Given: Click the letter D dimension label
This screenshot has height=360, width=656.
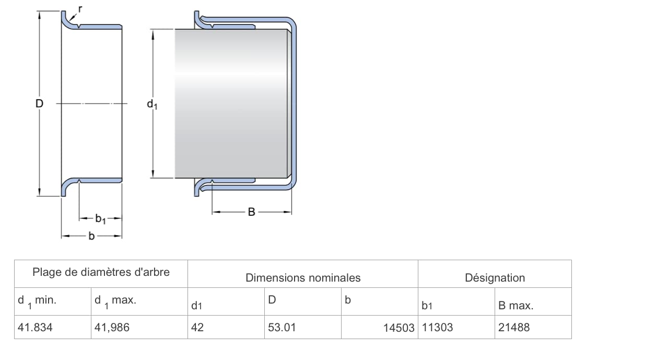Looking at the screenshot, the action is pos(39,103).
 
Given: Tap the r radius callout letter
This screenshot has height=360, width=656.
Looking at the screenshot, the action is pos(80,9).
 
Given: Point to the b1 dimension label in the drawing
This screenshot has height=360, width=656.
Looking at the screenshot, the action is pos(100,219).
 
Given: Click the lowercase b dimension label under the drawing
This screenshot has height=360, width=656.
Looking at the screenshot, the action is pos(91,236).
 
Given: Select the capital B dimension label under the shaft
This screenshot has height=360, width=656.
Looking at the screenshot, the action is pos(251,212).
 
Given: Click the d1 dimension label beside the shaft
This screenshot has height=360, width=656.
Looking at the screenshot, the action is pos(152,104).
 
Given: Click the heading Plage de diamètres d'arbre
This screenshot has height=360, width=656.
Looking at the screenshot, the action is pos(101,272).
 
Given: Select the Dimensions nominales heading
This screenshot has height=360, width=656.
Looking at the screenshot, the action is pos(303,277).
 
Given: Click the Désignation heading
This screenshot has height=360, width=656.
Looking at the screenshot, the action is pos(495,277).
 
